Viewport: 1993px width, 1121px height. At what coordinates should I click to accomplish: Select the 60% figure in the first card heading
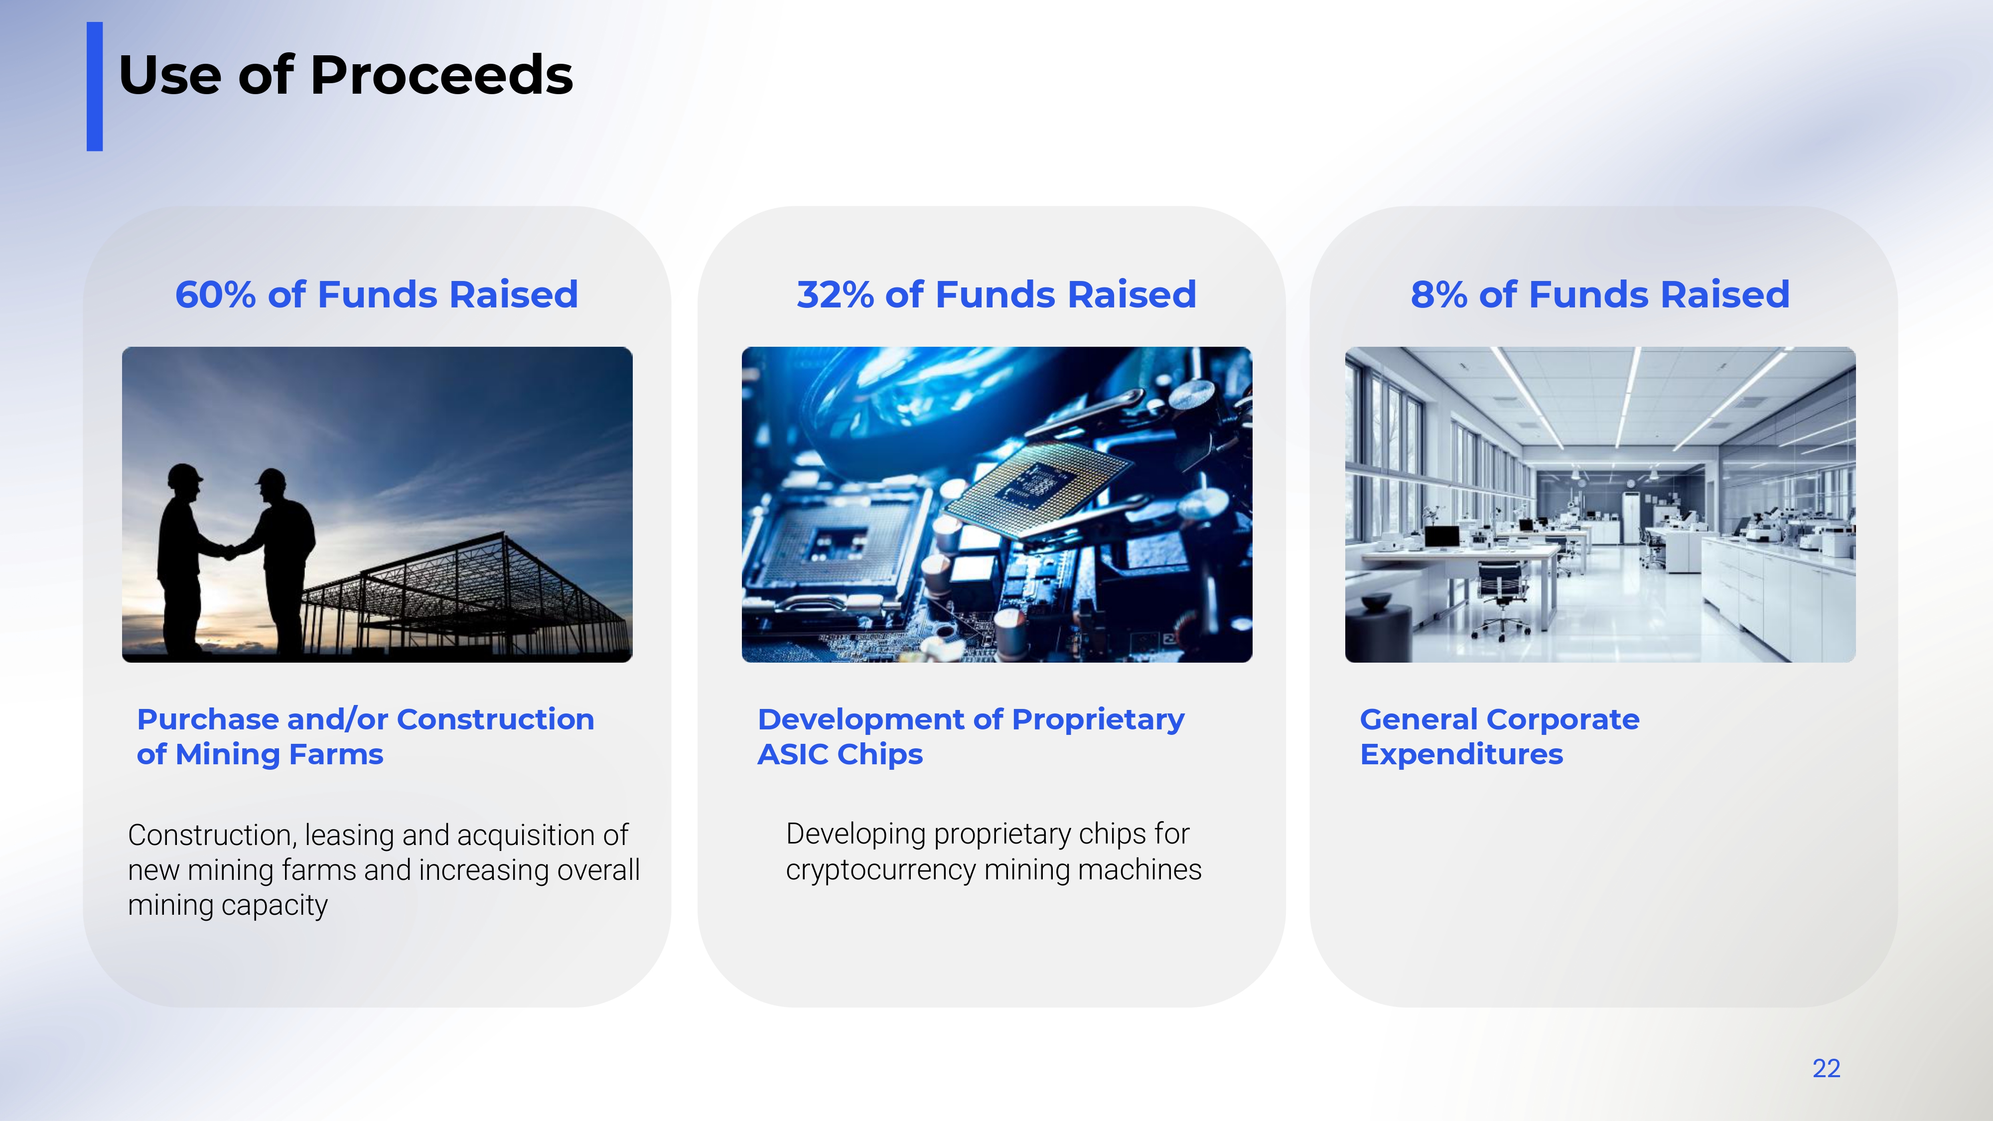(215, 295)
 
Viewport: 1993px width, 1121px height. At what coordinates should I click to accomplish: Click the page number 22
(1826, 1068)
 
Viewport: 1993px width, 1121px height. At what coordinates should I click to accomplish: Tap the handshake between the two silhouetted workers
(229, 552)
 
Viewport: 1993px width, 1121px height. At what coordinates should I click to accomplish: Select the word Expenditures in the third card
(1461, 754)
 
